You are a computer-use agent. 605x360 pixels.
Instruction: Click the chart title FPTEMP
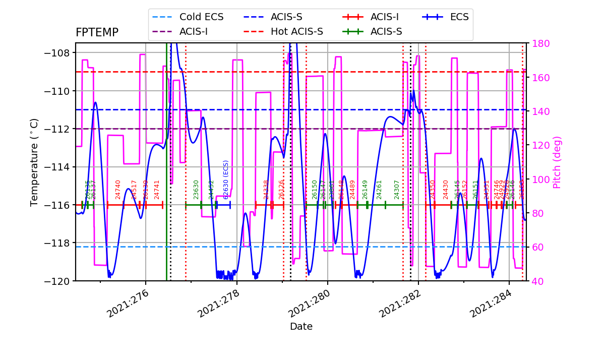tap(97, 33)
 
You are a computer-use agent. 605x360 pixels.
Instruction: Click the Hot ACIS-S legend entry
tap(296, 32)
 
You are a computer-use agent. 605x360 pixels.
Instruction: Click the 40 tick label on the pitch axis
tap(537, 281)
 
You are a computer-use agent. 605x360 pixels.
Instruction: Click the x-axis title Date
tap(301, 327)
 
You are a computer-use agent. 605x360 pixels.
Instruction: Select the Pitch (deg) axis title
tap(557, 162)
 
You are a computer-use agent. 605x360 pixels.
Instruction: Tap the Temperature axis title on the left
tap(34, 162)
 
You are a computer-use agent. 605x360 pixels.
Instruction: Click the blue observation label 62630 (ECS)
tap(226, 179)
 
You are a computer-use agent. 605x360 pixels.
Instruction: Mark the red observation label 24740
tap(118, 189)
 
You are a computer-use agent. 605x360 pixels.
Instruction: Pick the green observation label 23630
tap(197, 189)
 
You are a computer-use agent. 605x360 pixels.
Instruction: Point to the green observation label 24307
tap(397, 189)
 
